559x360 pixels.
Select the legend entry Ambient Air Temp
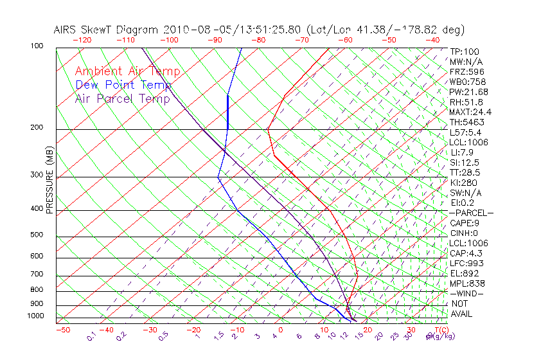[127, 71]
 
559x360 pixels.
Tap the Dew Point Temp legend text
[123, 85]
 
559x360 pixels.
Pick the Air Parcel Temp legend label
[122, 98]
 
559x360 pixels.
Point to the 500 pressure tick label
[37, 235]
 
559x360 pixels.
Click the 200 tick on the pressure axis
[37, 128]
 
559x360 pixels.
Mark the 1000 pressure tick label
[35, 316]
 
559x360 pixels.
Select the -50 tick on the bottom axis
[62, 330]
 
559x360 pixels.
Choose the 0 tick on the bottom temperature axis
[281, 330]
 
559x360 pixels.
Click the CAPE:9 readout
[465, 223]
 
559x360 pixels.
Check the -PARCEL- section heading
[472, 213]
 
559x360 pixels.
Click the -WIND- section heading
[467, 293]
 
